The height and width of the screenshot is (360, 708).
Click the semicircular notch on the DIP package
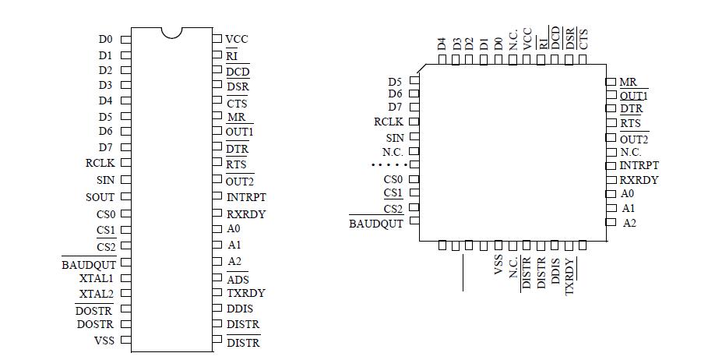[171, 33]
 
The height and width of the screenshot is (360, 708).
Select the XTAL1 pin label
[97, 278]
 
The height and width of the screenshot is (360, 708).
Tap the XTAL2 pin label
[97, 294]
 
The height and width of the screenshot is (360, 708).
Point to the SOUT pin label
[100, 197]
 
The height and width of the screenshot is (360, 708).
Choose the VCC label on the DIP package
[237, 39]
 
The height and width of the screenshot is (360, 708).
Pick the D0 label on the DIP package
[105, 39]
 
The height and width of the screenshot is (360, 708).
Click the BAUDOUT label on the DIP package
[89, 265]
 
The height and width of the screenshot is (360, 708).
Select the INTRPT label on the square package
[639, 165]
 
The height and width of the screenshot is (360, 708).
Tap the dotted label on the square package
[389, 165]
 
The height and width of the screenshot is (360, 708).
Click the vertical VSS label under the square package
[498, 264]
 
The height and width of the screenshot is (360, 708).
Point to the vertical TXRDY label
[570, 275]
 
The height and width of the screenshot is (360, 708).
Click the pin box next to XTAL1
[125, 277]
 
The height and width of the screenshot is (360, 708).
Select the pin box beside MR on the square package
[611, 82]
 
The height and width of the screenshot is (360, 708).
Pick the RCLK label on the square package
[389, 122]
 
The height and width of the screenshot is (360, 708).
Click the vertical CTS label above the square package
[583, 39]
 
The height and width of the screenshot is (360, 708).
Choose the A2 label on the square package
[629, 223]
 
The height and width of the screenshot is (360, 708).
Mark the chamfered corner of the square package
[424, 69]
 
